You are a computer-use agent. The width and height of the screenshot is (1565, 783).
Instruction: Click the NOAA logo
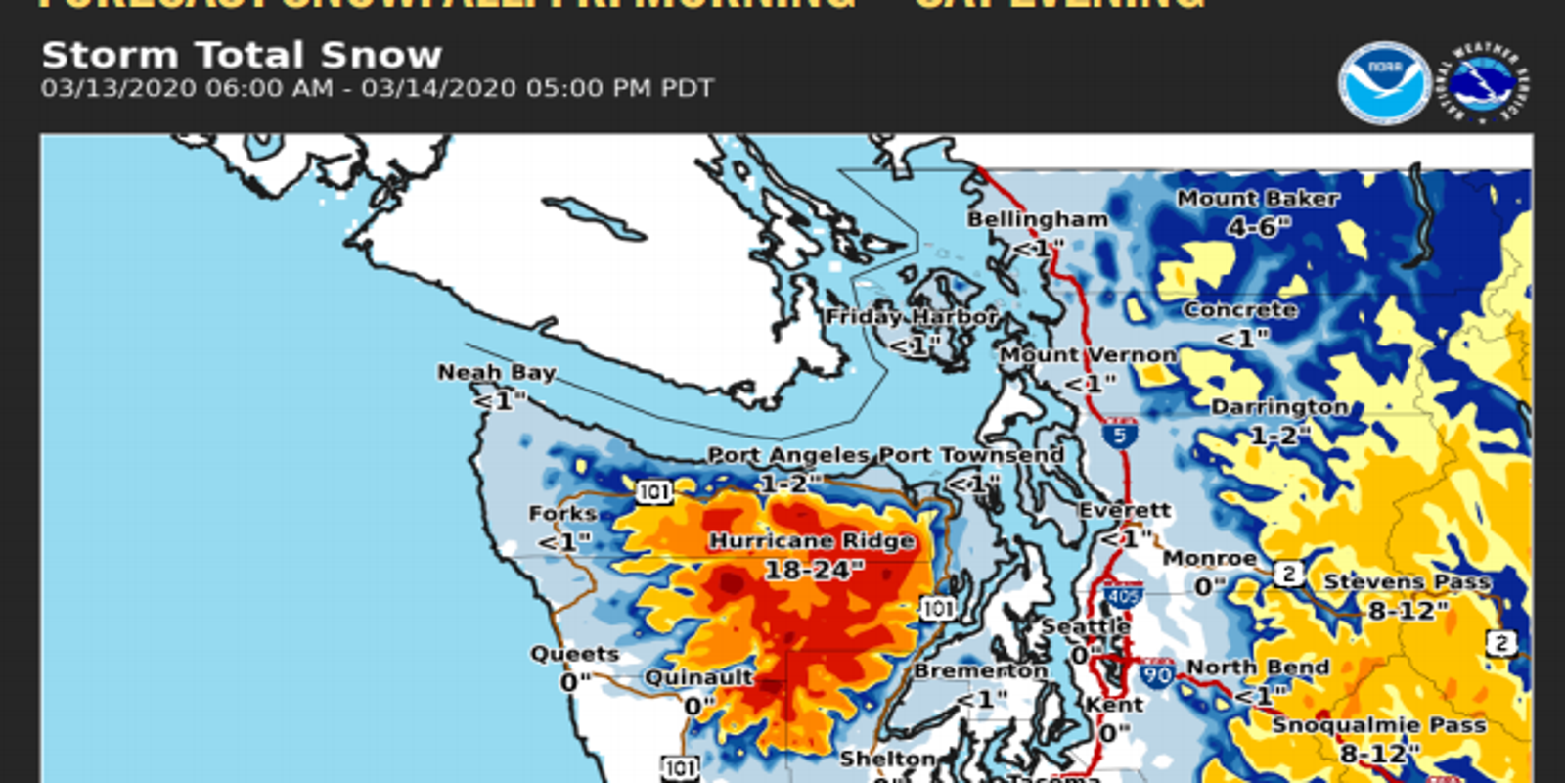[x=1384, y=83]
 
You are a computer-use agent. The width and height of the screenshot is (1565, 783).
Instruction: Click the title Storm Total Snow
[x=242, y=55]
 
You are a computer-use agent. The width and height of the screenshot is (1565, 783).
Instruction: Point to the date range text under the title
[x=377, y=88]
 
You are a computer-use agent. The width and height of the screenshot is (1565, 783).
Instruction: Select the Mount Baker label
[x=1258, y=199]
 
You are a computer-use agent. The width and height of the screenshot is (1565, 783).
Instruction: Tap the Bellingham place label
[x=1038, y=219]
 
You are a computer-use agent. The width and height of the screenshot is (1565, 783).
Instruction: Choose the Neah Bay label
[x=497, y=373]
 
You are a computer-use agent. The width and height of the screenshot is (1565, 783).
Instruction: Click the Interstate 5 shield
[x=1120, y=434]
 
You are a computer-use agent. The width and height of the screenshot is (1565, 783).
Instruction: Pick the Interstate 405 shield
[x=1123, y=595]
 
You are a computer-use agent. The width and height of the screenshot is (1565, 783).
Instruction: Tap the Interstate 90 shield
[x=1157, y=673]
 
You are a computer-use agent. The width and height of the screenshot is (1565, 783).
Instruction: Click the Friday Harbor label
[x=912, y=317]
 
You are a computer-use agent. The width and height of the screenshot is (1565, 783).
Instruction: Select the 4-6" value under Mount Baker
[x=1259, y=227]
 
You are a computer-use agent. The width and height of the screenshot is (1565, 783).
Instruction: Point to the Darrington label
[x=1279, y=407]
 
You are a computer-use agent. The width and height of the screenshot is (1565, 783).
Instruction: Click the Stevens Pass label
[x=1408, y=582]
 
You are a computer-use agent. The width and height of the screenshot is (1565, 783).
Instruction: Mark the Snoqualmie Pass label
[x=1379, y=725]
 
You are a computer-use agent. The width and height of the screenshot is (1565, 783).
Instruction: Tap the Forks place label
[x=562, y=514]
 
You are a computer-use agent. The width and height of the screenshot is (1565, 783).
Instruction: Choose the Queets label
[x=575, y=654]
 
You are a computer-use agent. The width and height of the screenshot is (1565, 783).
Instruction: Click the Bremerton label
[x=980, y=671]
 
